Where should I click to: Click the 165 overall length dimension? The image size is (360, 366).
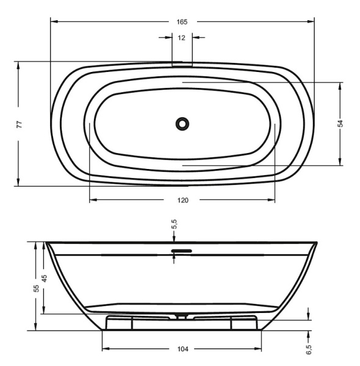coord(182,22)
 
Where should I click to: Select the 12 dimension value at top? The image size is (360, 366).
coord(182,38)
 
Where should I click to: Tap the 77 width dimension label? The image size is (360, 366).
coord(20,124)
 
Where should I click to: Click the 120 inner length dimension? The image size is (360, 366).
coord(182,200)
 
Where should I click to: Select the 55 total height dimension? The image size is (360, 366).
coord(36,288)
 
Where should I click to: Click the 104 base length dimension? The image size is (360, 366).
coord(182,350)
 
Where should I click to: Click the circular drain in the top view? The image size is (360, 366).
coord(182,124)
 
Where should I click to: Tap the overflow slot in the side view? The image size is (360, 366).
coord(182,249)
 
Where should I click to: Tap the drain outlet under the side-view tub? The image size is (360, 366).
coord(182,316)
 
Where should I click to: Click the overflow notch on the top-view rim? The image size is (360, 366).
coord(182,62)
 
